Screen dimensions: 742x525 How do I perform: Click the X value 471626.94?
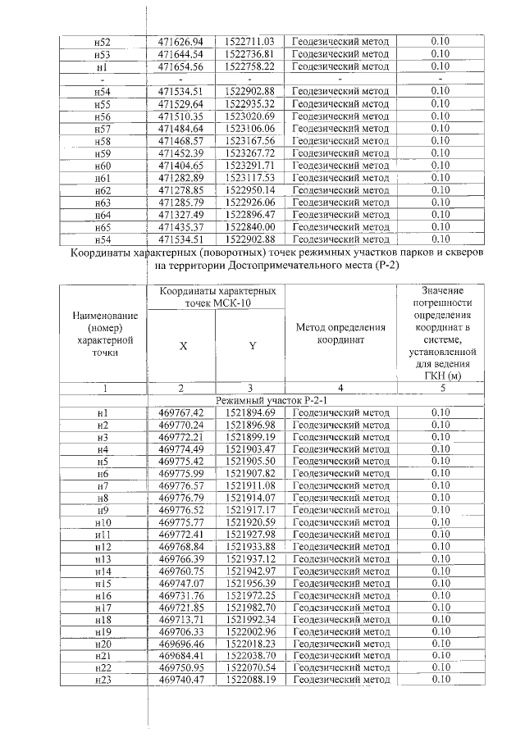pos(180,41)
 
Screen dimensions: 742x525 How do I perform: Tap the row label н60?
pos(103,165)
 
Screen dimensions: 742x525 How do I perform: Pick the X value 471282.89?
pos(180,177)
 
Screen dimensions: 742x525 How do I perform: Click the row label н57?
pos(103,128)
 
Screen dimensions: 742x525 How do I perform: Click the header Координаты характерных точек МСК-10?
pos(217,298)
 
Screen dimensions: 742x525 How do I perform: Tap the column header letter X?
pos(183,346)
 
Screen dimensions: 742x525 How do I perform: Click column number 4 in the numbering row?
pos(340,387)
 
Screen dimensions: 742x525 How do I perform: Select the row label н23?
pos(103,680)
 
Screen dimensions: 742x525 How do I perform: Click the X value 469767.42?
pos(180,412)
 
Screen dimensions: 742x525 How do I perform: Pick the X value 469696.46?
pos(180,643)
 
